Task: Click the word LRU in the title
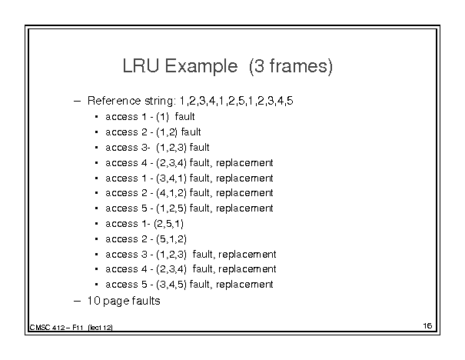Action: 141,65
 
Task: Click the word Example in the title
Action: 201,66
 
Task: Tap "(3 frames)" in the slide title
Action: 291,66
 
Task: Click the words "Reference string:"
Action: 131,102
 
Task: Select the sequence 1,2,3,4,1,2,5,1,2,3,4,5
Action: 237,101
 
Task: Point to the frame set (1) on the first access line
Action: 162,117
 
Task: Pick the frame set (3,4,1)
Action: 171,178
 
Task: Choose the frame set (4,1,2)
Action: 171,193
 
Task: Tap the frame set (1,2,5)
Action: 171,208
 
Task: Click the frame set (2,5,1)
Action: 169,224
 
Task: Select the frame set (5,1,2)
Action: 171,239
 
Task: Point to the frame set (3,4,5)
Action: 171,285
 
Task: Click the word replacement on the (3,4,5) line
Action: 244,285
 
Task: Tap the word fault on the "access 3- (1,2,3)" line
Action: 199,148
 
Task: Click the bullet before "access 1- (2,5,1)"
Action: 96,224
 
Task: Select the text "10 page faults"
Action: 124,301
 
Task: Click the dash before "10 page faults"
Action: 77,302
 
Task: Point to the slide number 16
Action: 427,326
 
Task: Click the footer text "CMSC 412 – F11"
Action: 56,328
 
